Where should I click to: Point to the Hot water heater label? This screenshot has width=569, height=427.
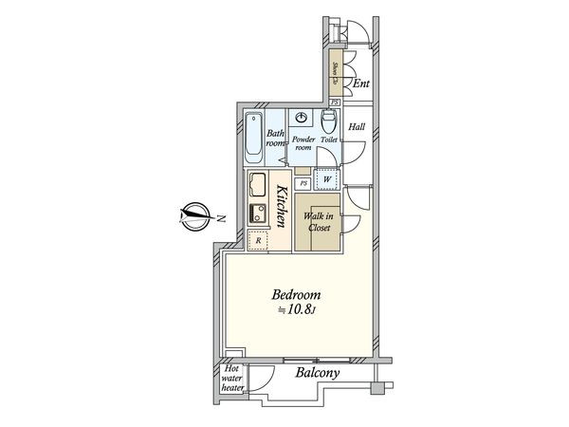(x=233, y=377)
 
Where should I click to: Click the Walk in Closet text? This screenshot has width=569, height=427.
(x=318, y=222)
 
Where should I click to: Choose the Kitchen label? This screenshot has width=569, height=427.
(x=283, y=204)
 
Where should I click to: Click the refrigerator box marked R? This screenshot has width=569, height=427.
(x=259, y=242)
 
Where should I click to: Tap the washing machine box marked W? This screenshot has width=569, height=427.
(x=327, y=178)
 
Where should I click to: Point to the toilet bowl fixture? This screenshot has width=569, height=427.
(x=328, y=121)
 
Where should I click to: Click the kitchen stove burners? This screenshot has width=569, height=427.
(x=257, y=213)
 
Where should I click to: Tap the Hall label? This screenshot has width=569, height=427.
(x=357, y=126)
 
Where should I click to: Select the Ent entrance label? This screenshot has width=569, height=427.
(x=359, y=84)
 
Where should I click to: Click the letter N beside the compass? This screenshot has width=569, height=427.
(x=220, y=218)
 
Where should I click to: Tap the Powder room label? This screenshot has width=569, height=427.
(x=303, y=144)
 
